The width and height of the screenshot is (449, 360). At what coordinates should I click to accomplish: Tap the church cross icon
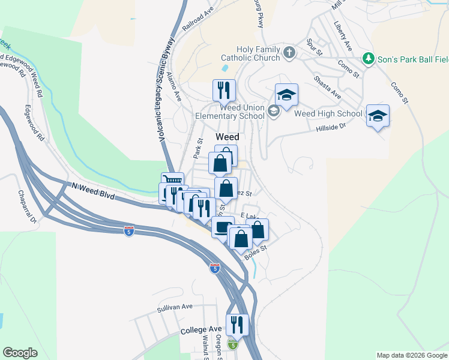[x=289, y=52]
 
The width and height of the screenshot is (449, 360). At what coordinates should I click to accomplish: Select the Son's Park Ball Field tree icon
[x=368, y=59]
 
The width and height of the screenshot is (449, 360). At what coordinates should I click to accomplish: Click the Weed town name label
[x=228, y=137]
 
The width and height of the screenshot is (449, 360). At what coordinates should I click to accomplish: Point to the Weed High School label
[x=328, y=113]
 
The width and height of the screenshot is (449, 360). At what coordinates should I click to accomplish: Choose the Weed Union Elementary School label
[x=230, y=112]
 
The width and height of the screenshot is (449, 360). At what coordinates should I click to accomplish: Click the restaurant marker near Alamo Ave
[x=224, y=90]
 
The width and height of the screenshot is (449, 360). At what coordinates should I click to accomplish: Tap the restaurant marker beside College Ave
[x=237, y=325]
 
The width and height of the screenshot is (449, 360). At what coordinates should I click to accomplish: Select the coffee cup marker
[x=223, y=227]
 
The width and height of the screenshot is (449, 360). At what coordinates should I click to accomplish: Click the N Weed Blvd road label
[x=92, y=191]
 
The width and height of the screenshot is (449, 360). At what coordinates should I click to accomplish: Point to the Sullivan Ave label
[x=175, y=307]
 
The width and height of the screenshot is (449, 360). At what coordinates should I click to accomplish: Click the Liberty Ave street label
[x=343, y=36]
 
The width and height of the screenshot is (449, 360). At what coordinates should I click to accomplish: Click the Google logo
[x=20, y=353]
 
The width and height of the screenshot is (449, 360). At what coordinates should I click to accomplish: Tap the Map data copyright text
[x=411, y=355]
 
